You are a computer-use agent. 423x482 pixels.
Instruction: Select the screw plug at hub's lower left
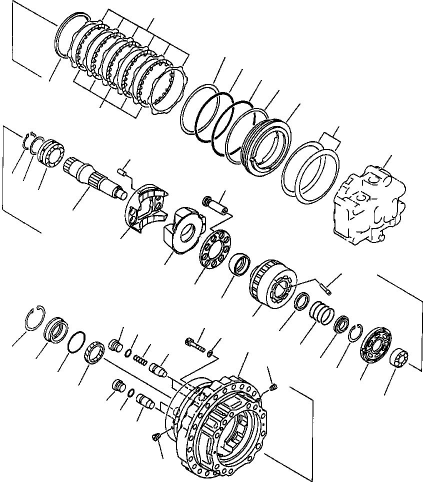point(155,437)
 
